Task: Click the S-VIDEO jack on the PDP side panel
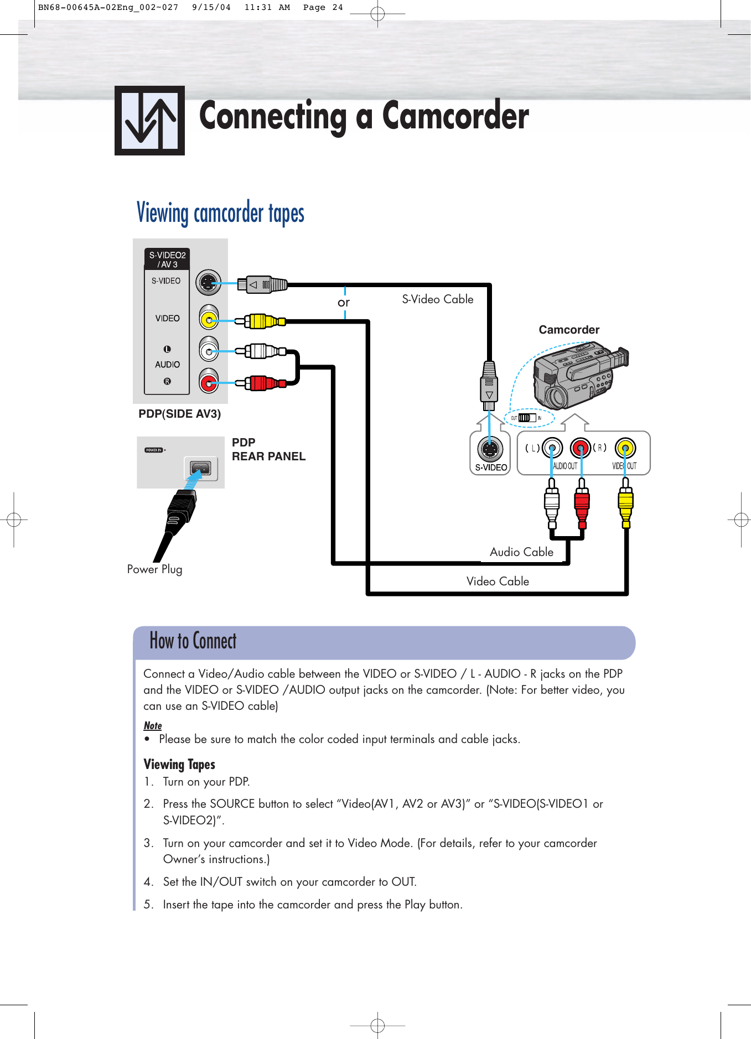(x=208, y=283)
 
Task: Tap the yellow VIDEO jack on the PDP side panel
(x=208, y=320)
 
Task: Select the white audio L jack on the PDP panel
(x=208, y=351)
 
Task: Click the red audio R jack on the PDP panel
(x=208, y=382)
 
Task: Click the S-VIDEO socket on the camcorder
(x=490, y=449)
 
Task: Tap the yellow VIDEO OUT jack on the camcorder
(x=625, y=448)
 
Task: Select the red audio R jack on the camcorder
(x=580, y=448)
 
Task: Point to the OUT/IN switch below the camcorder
(x=527, y=418)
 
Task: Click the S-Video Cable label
(x=437, y=299)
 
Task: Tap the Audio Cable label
(x=521, y=552)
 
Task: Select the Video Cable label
(x=497, y=581)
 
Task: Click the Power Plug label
(x=154, y=569)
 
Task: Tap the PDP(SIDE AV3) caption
(x=179, y=414)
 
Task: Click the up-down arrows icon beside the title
(x=149, y=120)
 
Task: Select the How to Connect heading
(x=193, y=641)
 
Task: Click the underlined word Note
(x=152, y=725)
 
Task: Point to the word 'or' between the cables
(x=344, y=303)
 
